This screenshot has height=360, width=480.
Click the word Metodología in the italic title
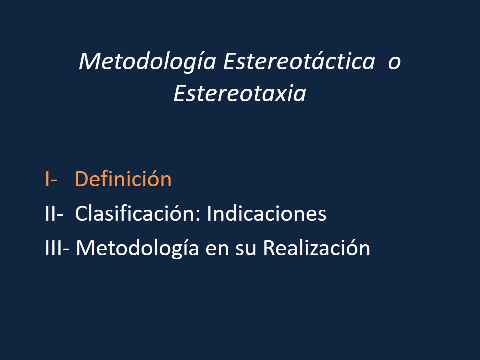147,62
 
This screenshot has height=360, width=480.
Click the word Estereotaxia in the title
239,94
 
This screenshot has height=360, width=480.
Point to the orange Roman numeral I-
51,179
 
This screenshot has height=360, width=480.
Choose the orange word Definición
123,179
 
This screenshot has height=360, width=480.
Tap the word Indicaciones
266,214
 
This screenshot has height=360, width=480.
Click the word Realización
316,248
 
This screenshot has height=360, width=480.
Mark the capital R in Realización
269,248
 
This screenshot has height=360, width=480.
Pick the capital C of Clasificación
81,214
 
